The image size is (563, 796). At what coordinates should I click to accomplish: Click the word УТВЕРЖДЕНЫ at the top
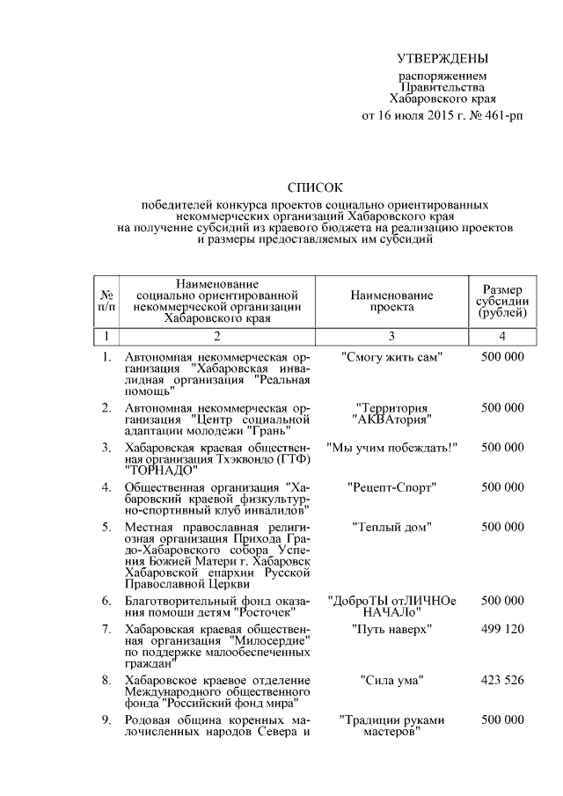pyautogui.click(x=442, y=59)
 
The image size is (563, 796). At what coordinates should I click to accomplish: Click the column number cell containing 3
pyautogui.click(x=391, y=336)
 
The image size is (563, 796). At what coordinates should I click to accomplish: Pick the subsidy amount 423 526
pyautogui.click(x=502, y=680)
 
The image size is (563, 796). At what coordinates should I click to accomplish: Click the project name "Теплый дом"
pyautogui.click(x=391, y=527)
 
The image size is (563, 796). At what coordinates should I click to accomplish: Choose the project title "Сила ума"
pyautogui.click(x=391, y=680)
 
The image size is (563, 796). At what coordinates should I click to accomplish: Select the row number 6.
pyautogui.click(x=106, y=601)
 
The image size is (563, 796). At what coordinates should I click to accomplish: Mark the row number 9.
pyautogui.click(x=106, y=719)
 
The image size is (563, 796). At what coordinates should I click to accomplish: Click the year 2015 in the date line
pyautogui.click(x=430, y=115)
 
